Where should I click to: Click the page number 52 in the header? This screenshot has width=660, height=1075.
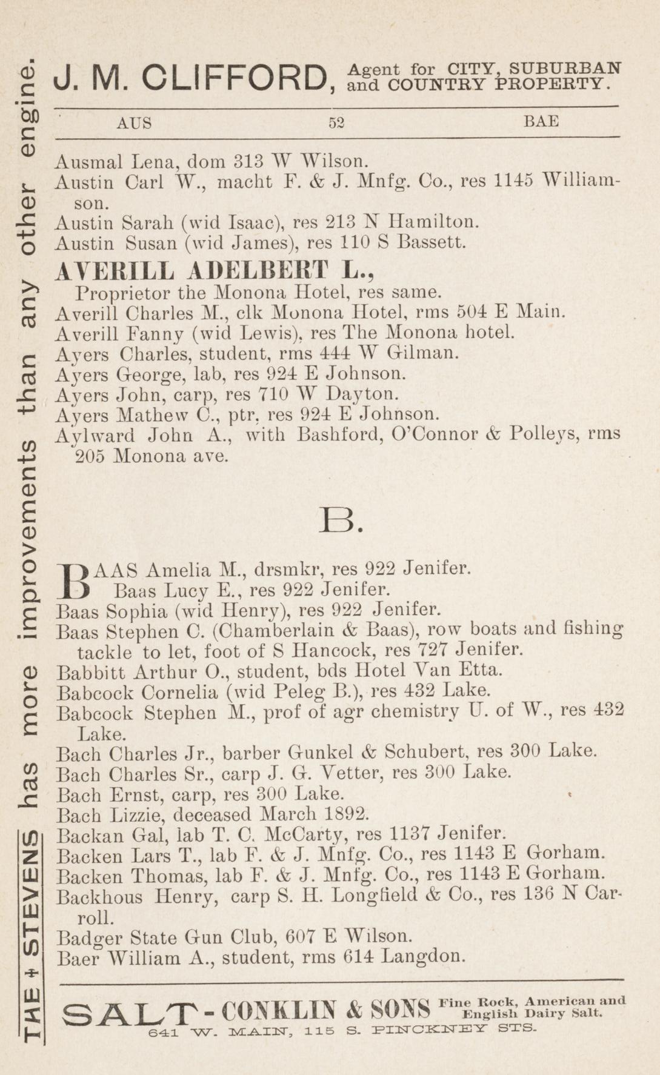point(336,122)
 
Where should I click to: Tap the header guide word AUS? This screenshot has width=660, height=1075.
point(134,123)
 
